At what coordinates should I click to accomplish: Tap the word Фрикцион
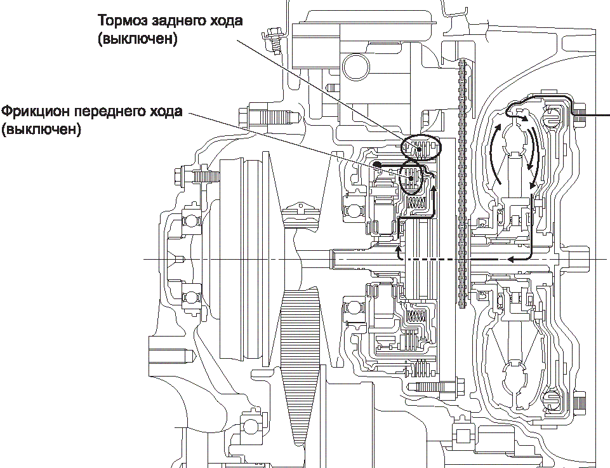click(36, 112)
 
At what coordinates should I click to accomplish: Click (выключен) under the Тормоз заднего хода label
click(137, 38)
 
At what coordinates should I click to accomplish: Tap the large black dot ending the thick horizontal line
click(376, 165)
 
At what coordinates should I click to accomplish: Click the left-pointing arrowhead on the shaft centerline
click(509, 258)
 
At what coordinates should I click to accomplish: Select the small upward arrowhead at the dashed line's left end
click(399, 251)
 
